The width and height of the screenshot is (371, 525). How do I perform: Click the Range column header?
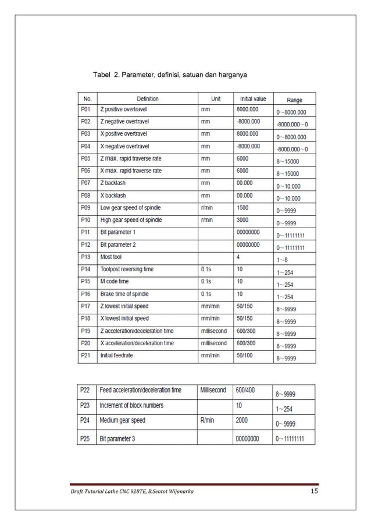pyautogui.click(x=294, y=100)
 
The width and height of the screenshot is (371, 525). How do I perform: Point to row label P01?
pyautogui.click(x=87, y=109)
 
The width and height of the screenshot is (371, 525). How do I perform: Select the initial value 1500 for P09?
pyautogui.click(x=244, y=208)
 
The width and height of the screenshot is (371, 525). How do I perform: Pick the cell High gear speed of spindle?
pyautogui.click(x=131, y=220)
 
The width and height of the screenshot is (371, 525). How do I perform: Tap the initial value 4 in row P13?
pyautogui.click(x=238, y=257)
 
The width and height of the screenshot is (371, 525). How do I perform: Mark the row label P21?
pyautogui.click(x=87, y=356)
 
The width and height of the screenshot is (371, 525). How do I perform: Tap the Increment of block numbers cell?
pyautogui.click(x=132, y=405)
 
